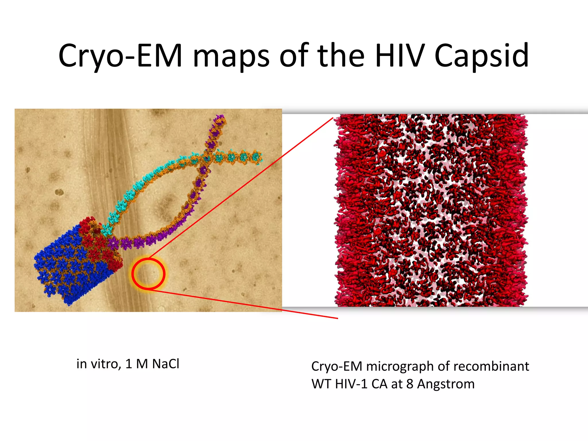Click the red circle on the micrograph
[x=148, y=274]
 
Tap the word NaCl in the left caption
[x=166, y=364]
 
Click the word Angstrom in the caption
[x=446, y=384]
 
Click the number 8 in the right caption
[x=410, y=384]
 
